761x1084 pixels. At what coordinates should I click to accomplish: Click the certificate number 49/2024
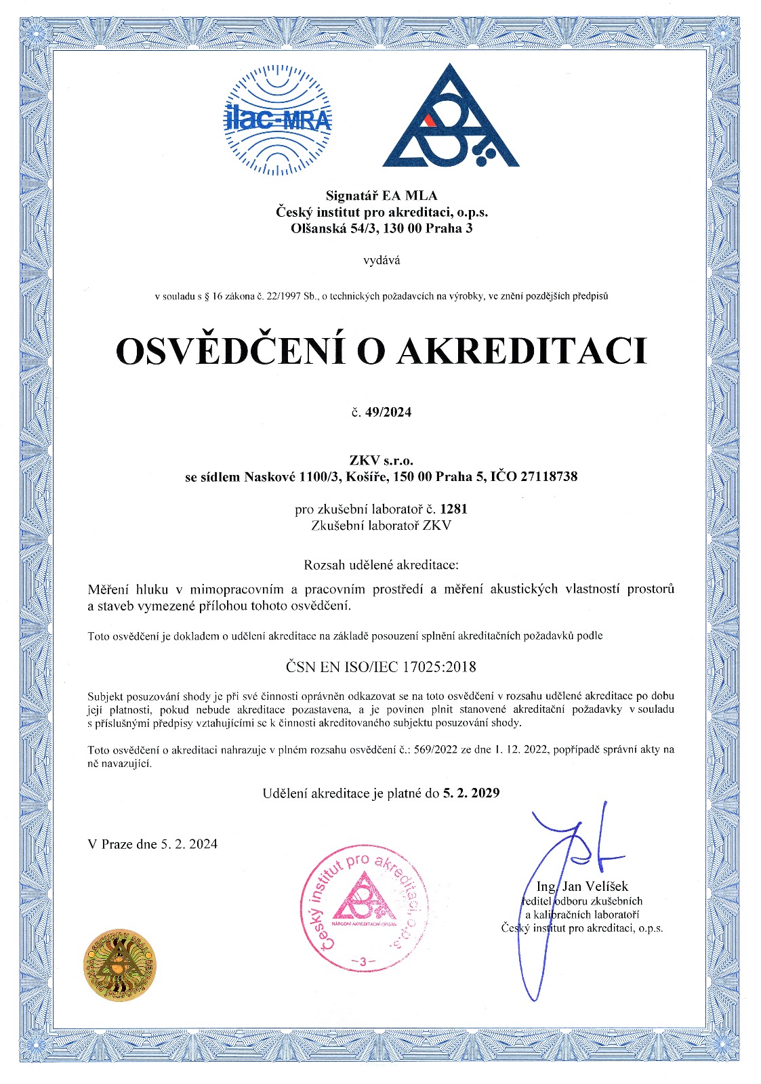coord(388,413)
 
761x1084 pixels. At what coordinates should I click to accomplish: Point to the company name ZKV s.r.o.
coord(381,461)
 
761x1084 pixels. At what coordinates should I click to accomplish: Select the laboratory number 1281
coord(453,508)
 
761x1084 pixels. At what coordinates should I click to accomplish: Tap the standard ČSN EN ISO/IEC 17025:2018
coord(381,667)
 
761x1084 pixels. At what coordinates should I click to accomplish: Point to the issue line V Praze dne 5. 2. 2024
coord(152,844)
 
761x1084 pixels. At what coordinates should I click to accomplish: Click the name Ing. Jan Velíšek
coord(582,886)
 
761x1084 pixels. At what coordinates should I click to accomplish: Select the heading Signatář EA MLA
coord(381,196)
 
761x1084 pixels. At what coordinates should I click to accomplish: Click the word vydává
coord(381,259)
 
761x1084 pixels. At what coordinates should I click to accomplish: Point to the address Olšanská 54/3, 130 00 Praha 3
coord(381,228)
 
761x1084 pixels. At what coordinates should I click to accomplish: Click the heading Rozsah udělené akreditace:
coord(381,564)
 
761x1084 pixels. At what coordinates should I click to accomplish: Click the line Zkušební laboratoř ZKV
coord(381,525)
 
